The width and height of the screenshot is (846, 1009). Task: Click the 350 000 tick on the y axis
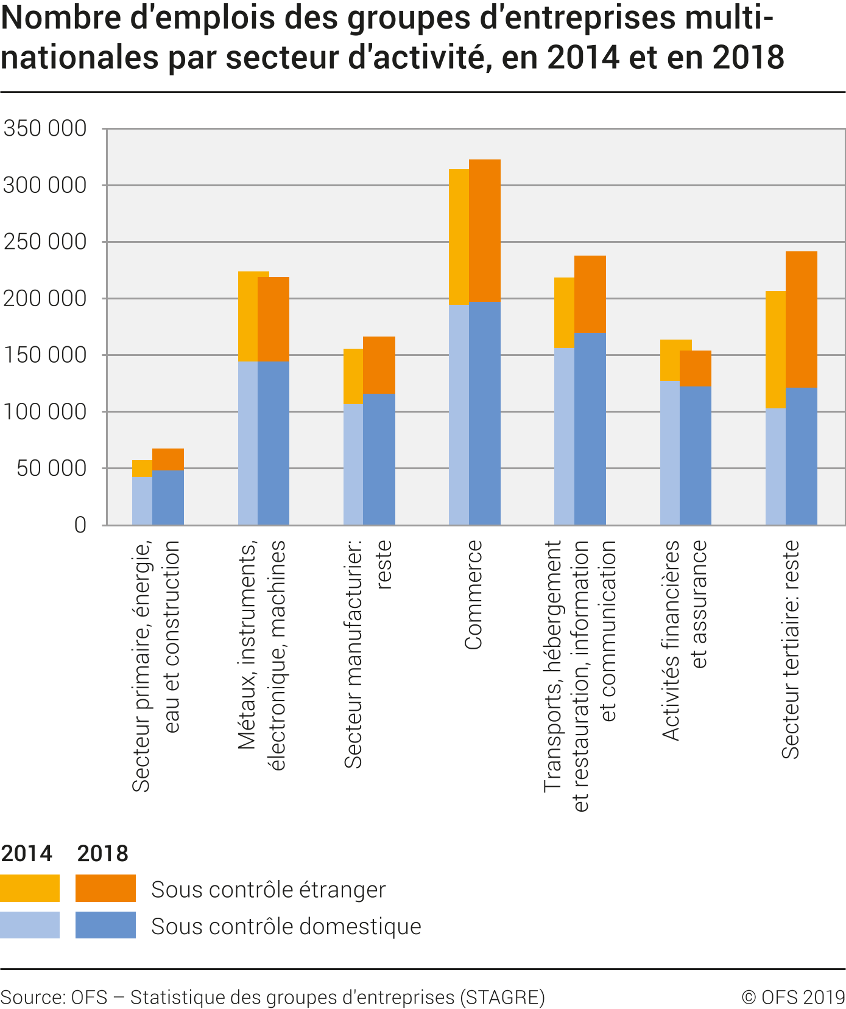pos(44,128)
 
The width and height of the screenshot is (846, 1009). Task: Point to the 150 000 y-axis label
pos(44,355)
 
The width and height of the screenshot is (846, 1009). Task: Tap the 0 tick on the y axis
pos(80,525)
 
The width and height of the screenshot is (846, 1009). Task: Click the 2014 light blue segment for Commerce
pos(459,414)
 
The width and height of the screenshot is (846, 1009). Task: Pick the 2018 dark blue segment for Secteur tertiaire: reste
pos(801,456)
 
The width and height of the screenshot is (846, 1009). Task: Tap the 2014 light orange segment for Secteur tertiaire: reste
pos(775,349)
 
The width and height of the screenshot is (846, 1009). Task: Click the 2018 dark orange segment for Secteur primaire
pos(168,459)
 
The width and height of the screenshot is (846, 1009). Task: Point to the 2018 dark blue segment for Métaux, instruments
pos(273,442)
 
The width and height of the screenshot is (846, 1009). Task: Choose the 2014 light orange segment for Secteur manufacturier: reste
pos(353,376)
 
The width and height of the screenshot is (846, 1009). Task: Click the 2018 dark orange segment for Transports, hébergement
pos(590,294)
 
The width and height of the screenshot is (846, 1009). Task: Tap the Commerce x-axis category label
pos(473,595)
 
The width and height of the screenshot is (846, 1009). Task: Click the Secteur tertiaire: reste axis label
pos(790,649)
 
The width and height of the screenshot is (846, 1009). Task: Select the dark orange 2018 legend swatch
pos(105,888)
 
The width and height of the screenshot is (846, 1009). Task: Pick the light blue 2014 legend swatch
pos(30,924)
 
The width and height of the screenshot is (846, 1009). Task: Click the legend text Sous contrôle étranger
pos(268,889)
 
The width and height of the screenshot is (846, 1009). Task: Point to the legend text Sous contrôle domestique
pos(286,926)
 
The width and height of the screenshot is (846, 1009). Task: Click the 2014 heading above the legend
pos(27,853)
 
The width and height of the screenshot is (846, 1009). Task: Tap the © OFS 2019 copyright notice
pos(793,997)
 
